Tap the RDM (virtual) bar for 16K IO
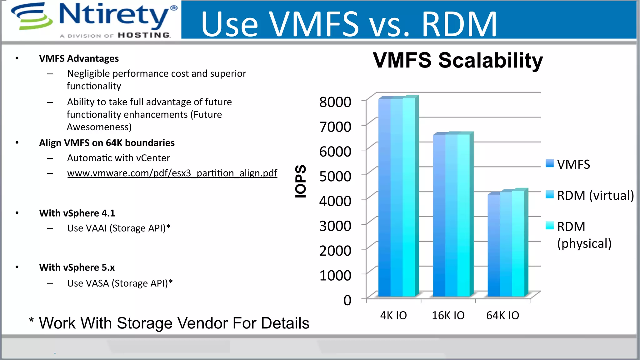click(x=451, y=216)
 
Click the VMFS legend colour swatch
click(x=550, y=163)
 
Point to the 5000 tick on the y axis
click(x=335, y=176)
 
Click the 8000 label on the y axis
click(x=335, y=102)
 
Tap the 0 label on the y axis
click(x=347, y=300)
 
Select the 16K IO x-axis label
click(x=448, y=315)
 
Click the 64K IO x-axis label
click(x=502, y=315)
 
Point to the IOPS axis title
click(x=301, y=181)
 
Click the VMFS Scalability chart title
click(x=458, y=60)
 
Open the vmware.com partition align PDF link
click(x=172, y=173)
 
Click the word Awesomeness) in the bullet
click(x=99, y=127)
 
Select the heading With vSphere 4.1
click(x=77, y=213)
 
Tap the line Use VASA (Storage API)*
click(x=120, y=283)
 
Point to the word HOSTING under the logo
click(x=144, y=35)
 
